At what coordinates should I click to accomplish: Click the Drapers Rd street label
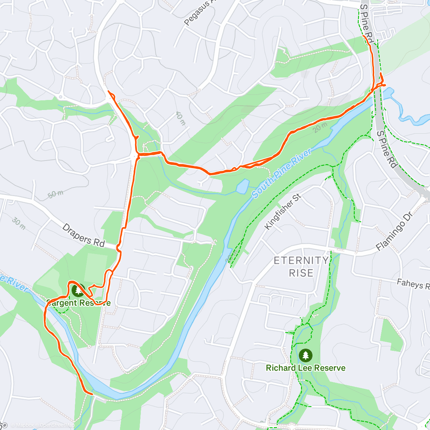(x=83, y=235)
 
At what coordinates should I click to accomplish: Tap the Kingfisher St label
(x=283, y=212)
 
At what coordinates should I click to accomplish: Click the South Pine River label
(x=281, y=173)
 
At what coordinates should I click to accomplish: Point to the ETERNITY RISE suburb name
(x=301, y=267)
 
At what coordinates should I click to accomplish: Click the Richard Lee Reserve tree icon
(x=305, y=355)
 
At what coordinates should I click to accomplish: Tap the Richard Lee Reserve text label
(x=306, y=368)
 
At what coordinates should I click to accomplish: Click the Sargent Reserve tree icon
(x=78, y=290)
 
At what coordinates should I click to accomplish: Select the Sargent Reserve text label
(x=78, y=303)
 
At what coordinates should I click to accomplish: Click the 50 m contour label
(x=56, y=194)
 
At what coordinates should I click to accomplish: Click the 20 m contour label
(x=320, y=127)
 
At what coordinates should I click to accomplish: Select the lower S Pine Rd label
(x=387, y=149)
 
